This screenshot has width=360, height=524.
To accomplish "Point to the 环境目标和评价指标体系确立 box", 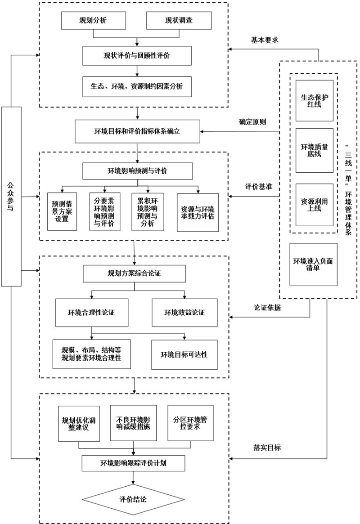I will pos(136,131).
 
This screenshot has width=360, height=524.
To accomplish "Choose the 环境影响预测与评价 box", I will pos(131,170).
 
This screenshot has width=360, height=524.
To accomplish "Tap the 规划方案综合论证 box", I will pos(134,273).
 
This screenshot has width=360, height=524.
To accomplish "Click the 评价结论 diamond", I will pos(133,499).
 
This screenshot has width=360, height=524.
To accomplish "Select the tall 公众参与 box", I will pos(11,196).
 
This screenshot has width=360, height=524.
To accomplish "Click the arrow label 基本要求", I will pos(265,40).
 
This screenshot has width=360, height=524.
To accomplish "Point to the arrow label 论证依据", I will pos(266,307).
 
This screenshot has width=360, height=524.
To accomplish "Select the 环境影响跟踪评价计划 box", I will pos(133,462).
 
